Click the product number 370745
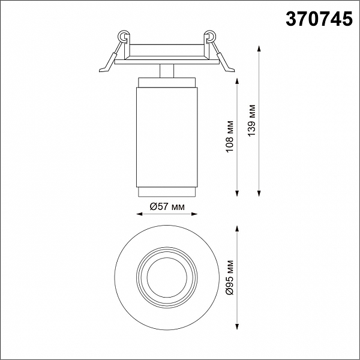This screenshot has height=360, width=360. point(319,19)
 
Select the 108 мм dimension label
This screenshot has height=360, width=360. point(229,136)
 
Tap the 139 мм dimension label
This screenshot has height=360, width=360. point(251,120)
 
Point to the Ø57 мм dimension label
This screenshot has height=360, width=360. point(167,207)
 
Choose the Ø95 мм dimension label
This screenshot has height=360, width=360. point(229,278)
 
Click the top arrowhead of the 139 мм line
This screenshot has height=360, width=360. point(259,49)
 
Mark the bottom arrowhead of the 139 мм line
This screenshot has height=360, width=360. point(259,194)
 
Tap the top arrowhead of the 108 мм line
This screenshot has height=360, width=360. point(237,81)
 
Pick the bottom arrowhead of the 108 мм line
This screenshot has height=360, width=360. point(237,194)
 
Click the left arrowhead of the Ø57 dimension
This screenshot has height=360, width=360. point(140,214)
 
